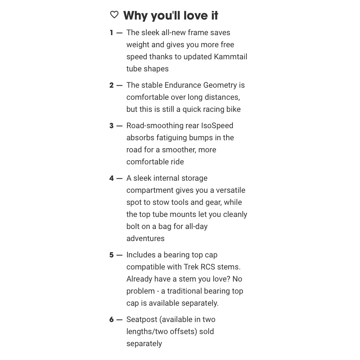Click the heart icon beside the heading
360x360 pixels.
114,15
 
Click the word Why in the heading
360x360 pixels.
135,16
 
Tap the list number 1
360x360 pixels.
111,33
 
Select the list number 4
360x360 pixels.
111,178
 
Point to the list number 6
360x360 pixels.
111,320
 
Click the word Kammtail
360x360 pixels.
230,57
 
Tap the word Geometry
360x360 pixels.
220,85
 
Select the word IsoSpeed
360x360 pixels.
217,126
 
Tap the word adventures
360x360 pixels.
146,239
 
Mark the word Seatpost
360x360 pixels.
142,320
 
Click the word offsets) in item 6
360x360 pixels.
182,332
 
